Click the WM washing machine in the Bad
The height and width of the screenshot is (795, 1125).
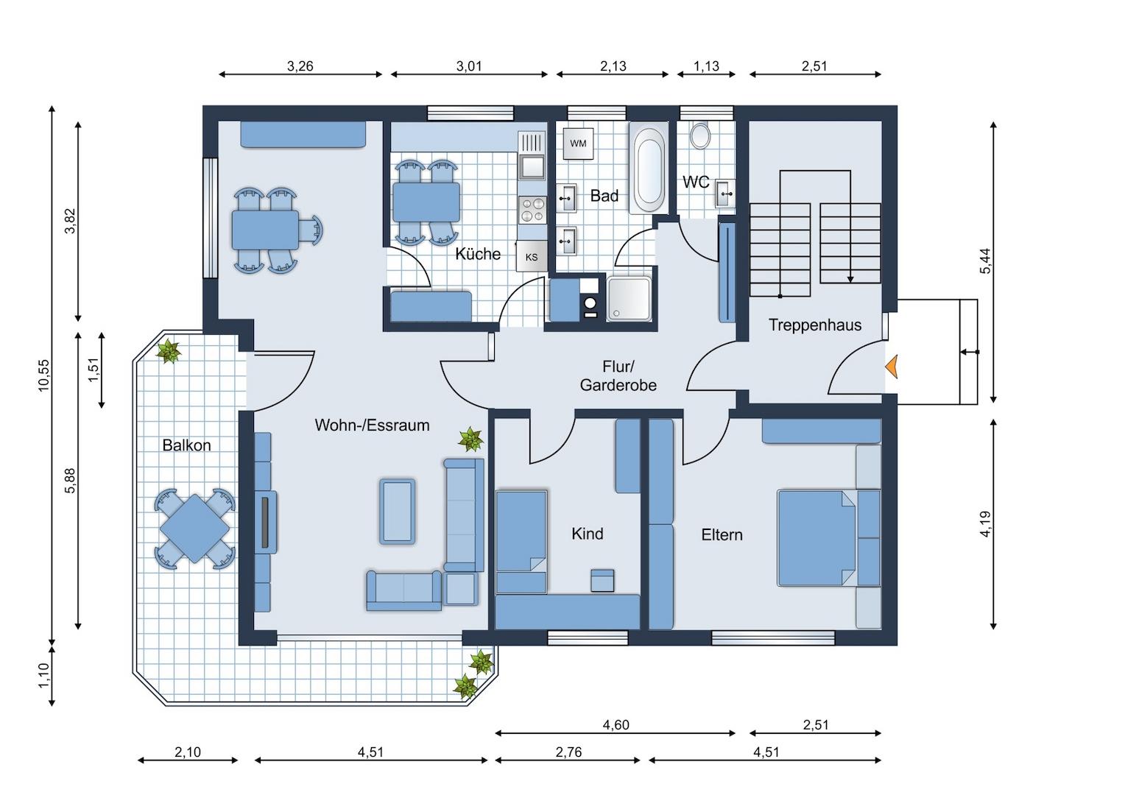tap(578, 144)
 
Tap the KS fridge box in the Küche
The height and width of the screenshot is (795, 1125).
tap(532, 257)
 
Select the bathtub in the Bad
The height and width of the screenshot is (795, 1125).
tap(649, 168)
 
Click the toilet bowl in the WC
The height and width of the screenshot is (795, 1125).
tap(699, 136)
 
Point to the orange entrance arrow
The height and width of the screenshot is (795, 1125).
tap(891, 367)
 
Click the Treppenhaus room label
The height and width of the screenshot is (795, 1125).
tap(814, 325)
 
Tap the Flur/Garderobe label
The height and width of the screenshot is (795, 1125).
tap(618, 375)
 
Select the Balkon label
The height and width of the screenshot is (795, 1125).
tap(186, 445)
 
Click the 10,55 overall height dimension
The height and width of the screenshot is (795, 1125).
tap(44, 375)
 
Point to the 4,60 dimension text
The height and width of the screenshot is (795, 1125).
tap(616, 724)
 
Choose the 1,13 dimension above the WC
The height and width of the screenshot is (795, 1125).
tap(706, 66)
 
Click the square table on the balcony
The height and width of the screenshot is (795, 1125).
tap(195, 529)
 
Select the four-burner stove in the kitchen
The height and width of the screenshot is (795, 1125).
tap(532, 210)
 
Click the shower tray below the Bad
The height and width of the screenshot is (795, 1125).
tap(629, 299)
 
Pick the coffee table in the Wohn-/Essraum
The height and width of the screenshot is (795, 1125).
tap(398, 512)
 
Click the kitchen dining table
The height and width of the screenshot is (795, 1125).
tap(426, 202)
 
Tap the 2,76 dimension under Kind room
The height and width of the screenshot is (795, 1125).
tap(568, 752)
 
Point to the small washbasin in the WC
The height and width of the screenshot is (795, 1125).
tap(725, 193)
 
